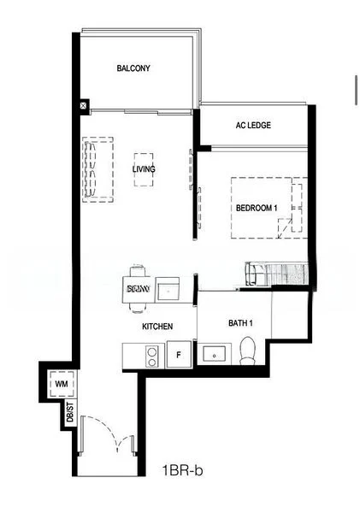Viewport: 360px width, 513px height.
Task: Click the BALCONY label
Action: point(133,68)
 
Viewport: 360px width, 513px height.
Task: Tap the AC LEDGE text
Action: point(253,125)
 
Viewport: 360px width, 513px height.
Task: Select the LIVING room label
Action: point(144,169)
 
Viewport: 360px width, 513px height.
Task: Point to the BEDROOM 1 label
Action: point(257,208)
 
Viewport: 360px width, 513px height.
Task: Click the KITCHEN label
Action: point(158,327)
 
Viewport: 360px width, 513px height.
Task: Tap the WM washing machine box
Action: point(61,385)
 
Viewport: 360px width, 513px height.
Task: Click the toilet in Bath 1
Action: point(249,350)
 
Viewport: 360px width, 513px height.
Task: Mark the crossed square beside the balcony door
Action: point(83,106)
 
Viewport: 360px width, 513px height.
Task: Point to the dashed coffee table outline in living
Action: point(144,169)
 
